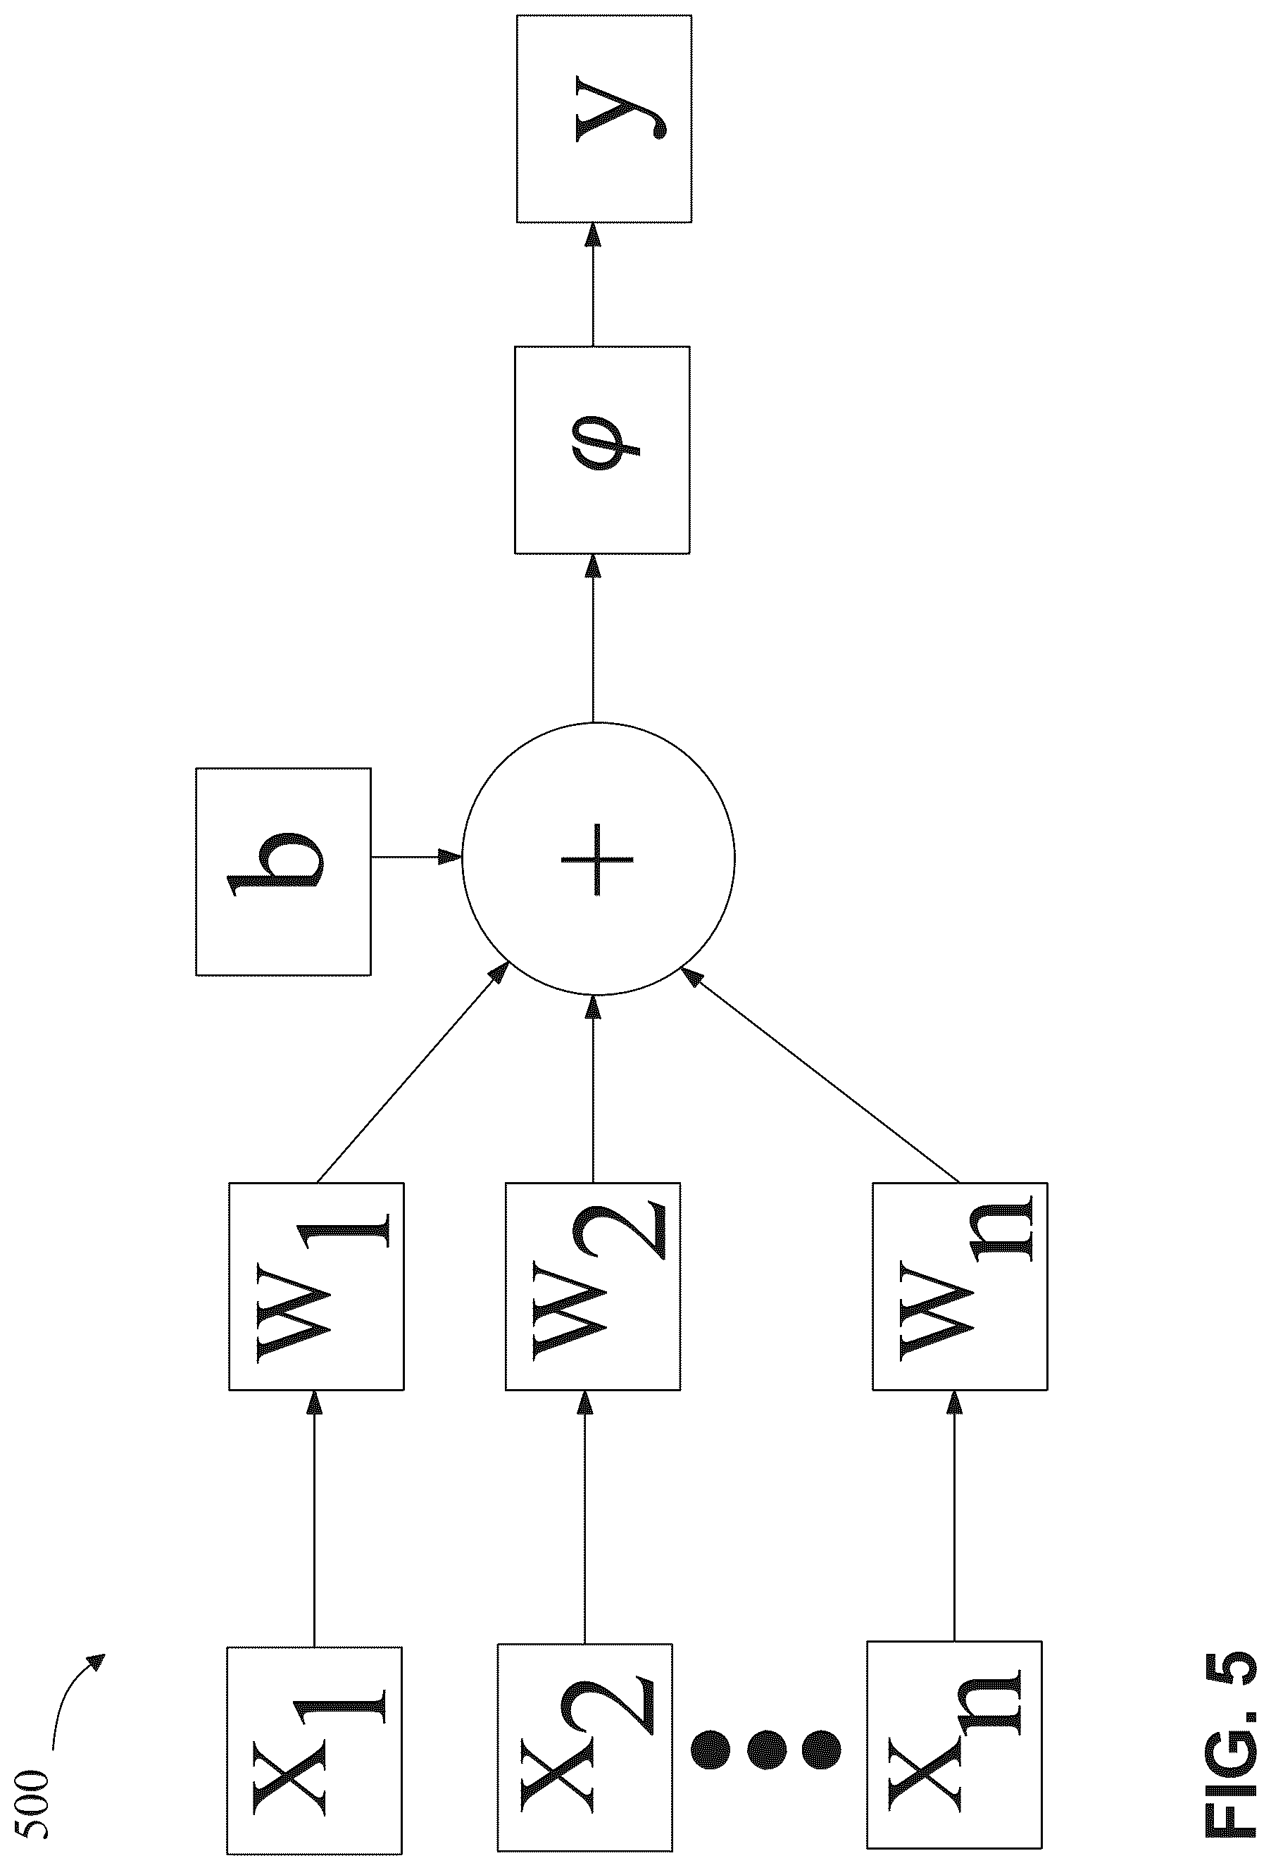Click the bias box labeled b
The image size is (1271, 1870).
(283, 872)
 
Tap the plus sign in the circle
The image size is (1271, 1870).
(596, 858)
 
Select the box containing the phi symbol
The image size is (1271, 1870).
(602, 450)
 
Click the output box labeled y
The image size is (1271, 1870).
(603, 118)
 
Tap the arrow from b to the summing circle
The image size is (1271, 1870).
(416, 857)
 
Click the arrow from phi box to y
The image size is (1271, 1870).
(593, 285)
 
